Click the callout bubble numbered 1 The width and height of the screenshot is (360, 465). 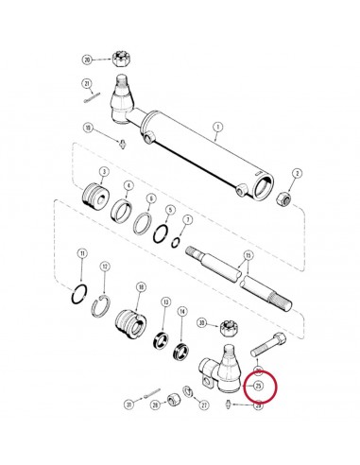tap(217, 127)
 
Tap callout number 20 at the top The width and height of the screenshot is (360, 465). tap(88, 59)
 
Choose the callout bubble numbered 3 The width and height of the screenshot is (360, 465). tap(102, 170)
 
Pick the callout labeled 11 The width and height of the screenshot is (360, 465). tap(82, 253)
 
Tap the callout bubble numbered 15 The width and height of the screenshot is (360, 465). tap(248, 256)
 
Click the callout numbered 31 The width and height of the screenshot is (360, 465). tap(129, 405)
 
